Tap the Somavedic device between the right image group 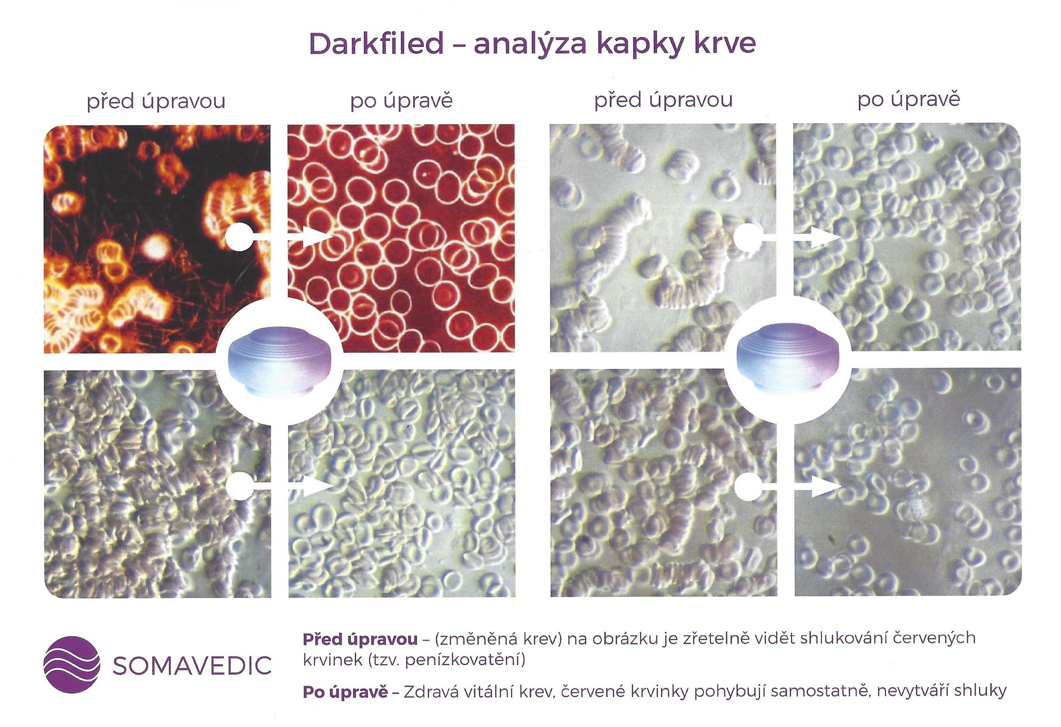(789, 361)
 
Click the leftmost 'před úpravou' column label (157, 101)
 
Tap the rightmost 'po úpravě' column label (908, 100)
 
